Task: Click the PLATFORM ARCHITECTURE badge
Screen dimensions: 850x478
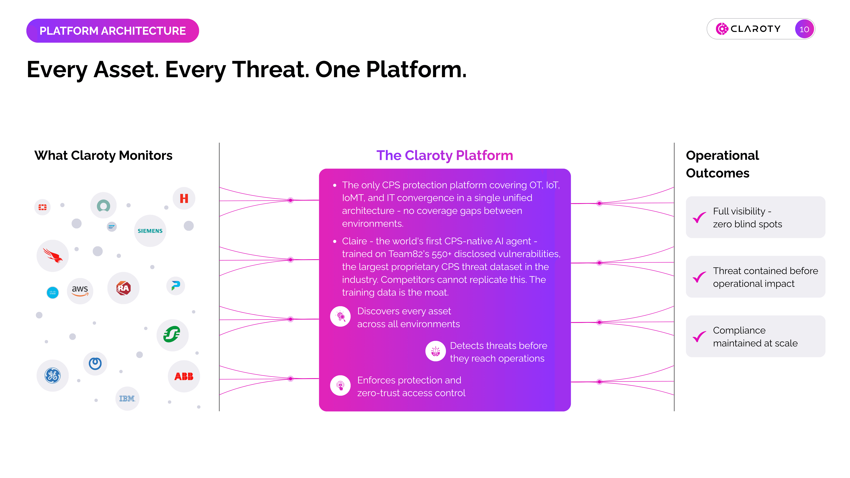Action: [112, 31]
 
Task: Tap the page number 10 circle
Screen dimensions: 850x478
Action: [804, 29]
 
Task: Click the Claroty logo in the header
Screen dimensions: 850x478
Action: [748, 29]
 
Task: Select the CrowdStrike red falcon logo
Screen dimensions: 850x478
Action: [53, 256]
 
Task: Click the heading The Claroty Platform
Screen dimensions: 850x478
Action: [445, 155]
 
